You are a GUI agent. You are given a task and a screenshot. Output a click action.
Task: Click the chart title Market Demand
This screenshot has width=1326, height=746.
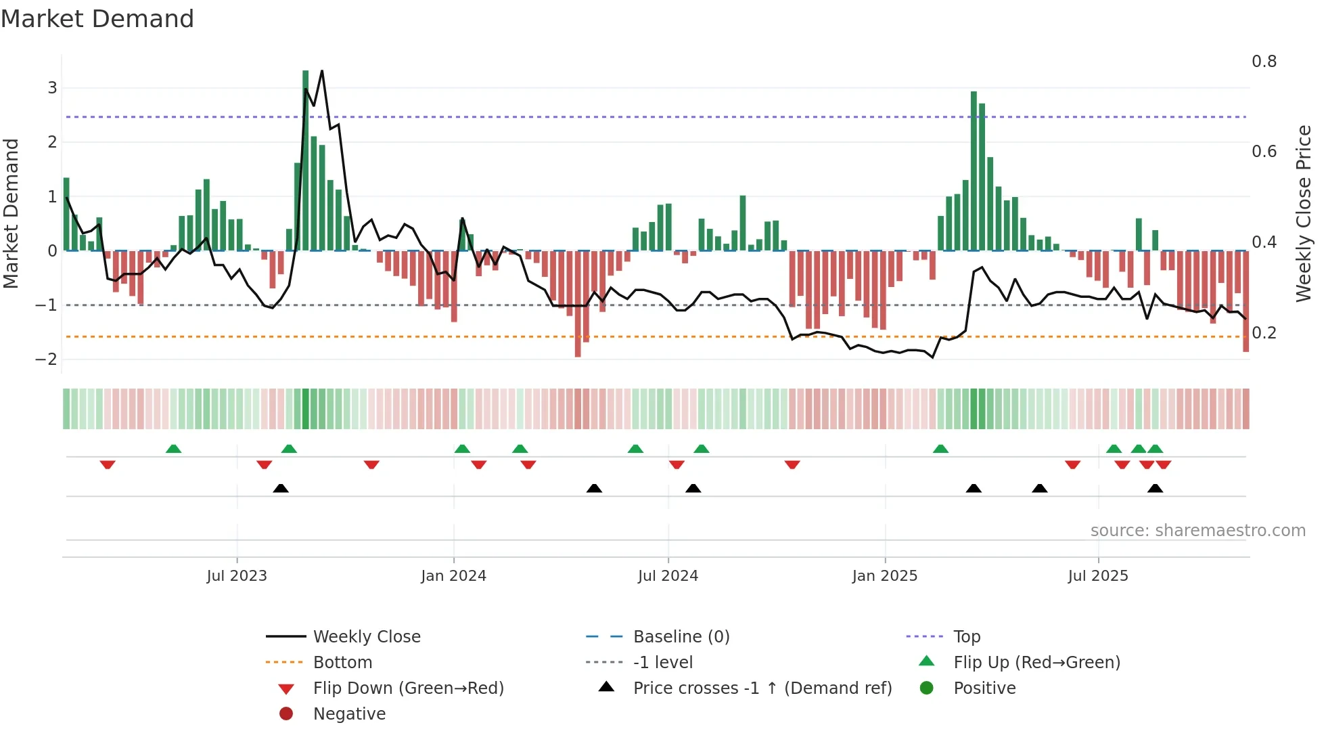point(97,19)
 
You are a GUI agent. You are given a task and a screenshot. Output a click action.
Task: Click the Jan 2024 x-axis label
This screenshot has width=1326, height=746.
point(453,576)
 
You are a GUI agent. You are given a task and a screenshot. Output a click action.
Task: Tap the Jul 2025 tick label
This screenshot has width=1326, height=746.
point(1098,576)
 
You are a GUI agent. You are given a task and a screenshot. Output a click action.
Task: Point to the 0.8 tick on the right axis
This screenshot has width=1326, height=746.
point(1264,62)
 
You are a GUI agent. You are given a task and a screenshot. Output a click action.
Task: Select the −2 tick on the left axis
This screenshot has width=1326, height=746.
point(47,359)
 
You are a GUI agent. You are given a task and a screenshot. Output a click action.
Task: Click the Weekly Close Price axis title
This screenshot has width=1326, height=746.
point(1303,213)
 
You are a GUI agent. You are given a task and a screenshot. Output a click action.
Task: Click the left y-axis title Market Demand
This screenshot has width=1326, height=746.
point(12,213)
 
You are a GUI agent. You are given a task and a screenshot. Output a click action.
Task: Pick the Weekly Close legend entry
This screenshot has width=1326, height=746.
point(366,637)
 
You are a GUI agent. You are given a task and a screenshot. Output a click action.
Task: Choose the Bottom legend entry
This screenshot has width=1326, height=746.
point(342,663)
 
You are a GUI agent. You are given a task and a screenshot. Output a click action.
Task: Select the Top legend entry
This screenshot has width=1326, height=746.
point(967,637)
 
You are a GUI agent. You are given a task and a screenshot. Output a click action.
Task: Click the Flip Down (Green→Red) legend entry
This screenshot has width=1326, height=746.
point(408,688)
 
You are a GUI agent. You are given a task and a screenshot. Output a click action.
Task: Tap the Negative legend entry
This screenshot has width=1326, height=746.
point(349,714)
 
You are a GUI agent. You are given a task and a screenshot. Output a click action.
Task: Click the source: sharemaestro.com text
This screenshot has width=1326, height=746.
point(1197,531)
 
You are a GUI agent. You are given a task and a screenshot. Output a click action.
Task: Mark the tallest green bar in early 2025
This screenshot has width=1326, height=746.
point(974,169)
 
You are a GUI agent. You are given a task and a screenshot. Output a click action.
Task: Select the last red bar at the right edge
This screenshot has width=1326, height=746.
point(1245,301)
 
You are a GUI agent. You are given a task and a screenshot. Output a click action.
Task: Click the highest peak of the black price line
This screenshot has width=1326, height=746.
point(322,71)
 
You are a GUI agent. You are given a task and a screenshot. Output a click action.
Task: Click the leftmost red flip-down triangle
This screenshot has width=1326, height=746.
point(108,464)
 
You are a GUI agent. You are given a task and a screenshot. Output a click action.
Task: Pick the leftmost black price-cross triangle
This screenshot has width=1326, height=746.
point(281,488)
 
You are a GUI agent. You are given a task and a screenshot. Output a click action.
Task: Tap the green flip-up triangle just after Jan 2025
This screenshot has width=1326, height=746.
point(940,449)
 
